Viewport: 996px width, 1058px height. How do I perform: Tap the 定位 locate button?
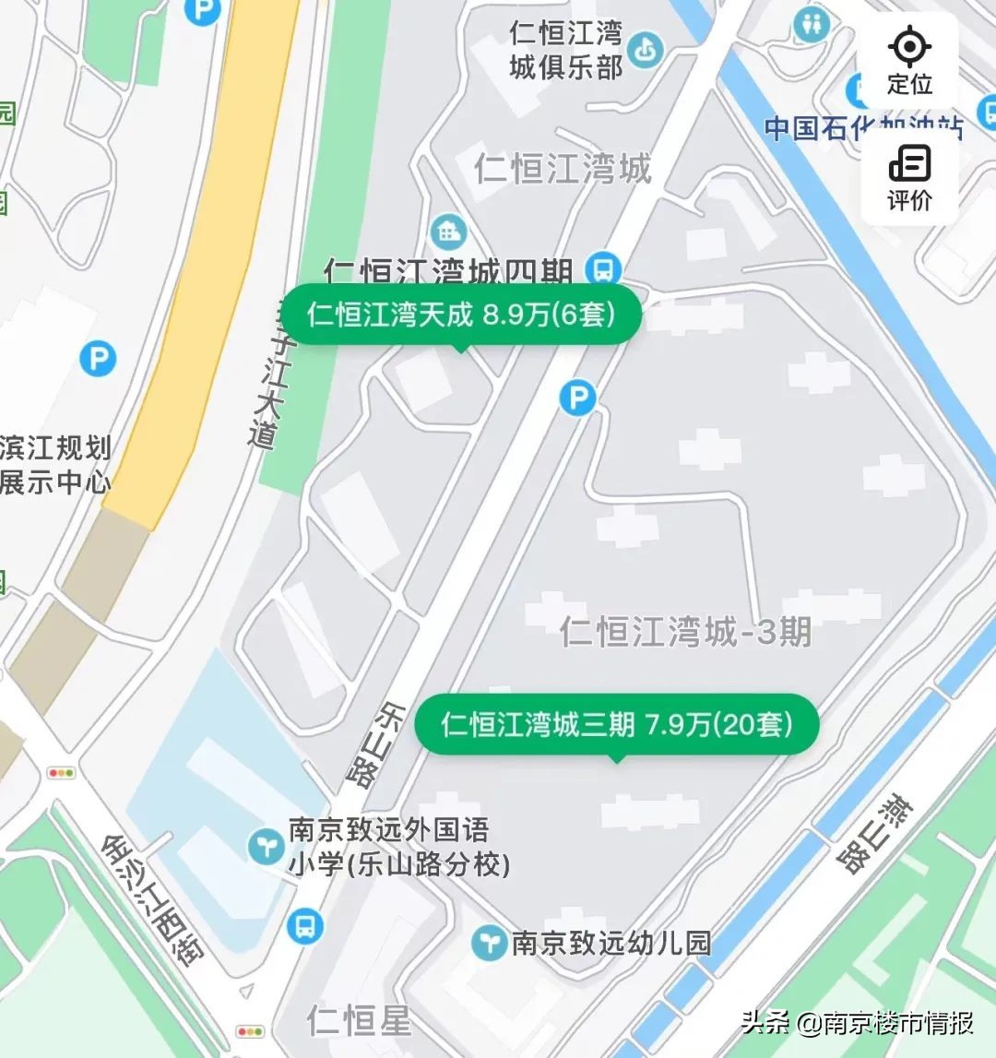(909, 60)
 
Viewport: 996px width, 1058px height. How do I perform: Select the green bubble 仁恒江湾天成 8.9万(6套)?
(461, 315)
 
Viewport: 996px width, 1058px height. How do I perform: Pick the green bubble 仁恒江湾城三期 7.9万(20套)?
(617, 725)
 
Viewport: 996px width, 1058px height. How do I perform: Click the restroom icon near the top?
(811, 25)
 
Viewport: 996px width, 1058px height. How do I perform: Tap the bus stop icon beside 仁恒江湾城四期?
(605, 269)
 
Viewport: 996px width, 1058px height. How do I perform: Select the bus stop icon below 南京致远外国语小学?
(304, 925)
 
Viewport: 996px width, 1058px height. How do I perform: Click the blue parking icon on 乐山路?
(577, 398)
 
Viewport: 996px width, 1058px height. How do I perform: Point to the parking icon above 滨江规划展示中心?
(98, 358)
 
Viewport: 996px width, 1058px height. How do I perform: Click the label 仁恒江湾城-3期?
(685, 632)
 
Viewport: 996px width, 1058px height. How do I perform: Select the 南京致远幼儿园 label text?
(611, 943)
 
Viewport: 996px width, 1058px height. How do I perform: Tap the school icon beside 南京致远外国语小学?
(267, 846)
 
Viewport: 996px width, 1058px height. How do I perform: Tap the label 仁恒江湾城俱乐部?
(566, 50)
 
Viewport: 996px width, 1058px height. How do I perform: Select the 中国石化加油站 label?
(862, 128)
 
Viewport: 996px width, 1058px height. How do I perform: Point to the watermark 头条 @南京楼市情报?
(858, 1022)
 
